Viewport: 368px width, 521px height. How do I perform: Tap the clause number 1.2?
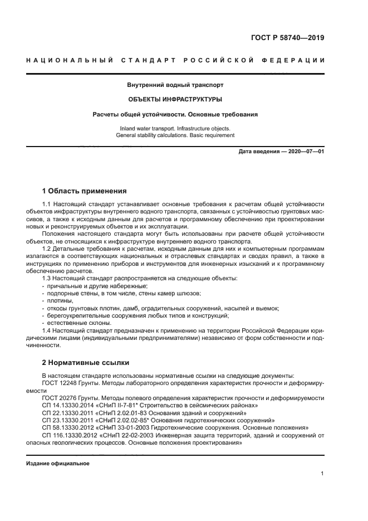click(x=47, y=249)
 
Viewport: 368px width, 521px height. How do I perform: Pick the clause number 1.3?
click(x=47, y=277)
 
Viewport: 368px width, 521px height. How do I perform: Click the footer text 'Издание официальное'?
click(x=58, y=464)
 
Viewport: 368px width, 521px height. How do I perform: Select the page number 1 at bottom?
click(x=322, y=474)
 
